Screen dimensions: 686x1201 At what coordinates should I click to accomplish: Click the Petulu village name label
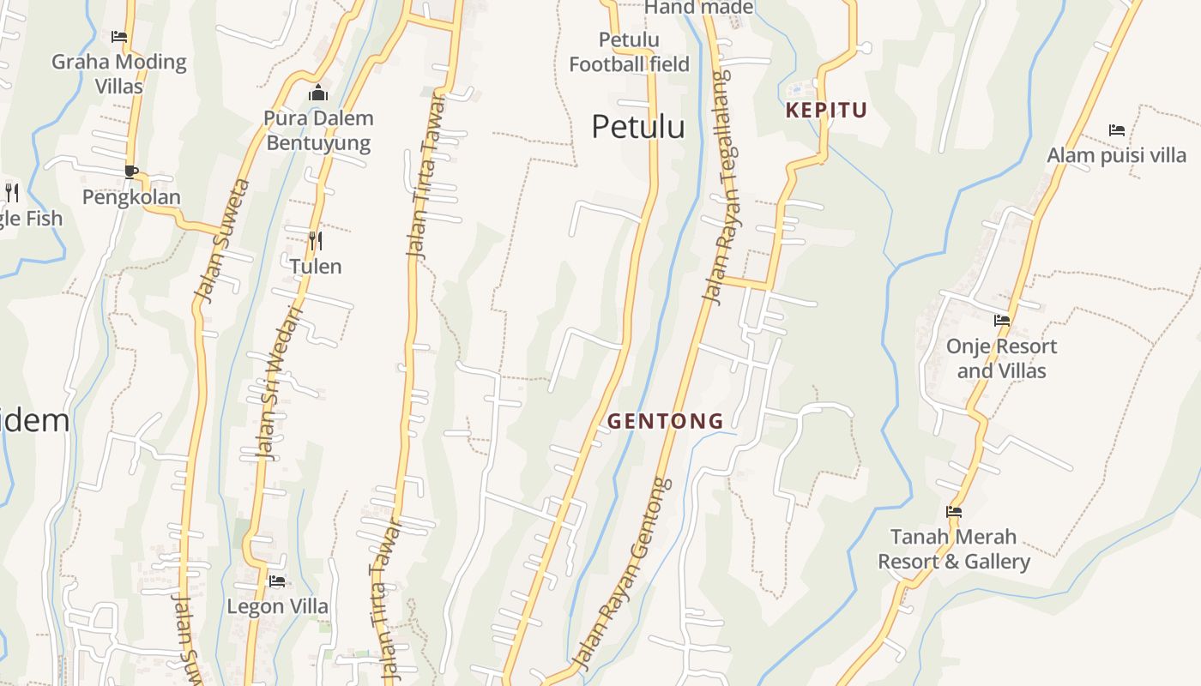638,127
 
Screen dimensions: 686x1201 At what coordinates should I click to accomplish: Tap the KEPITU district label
826,110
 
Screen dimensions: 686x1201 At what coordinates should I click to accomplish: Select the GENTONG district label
666,421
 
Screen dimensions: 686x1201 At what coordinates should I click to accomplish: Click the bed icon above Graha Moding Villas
119,37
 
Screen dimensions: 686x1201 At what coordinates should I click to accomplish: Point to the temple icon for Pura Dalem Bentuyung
318,93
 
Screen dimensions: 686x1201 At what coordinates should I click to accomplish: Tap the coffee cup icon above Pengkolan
131,171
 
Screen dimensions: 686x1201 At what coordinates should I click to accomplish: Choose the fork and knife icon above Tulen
316,241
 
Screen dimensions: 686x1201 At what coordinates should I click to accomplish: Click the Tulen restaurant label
316,267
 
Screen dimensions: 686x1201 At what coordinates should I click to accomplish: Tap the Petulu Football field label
629,51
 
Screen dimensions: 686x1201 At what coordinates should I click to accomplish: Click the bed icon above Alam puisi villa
1116,130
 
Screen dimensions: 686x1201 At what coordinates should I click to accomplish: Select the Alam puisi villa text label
1116,155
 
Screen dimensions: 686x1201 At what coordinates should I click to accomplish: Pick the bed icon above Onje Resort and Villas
1001,321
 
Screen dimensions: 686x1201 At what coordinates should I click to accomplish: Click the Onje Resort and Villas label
1001,358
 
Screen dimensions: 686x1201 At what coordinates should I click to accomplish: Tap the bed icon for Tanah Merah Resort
953,512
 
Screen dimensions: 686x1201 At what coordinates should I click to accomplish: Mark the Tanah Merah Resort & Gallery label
953,549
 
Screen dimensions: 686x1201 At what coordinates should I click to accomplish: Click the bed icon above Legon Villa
277,581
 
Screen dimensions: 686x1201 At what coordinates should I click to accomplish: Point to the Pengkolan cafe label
131,197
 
